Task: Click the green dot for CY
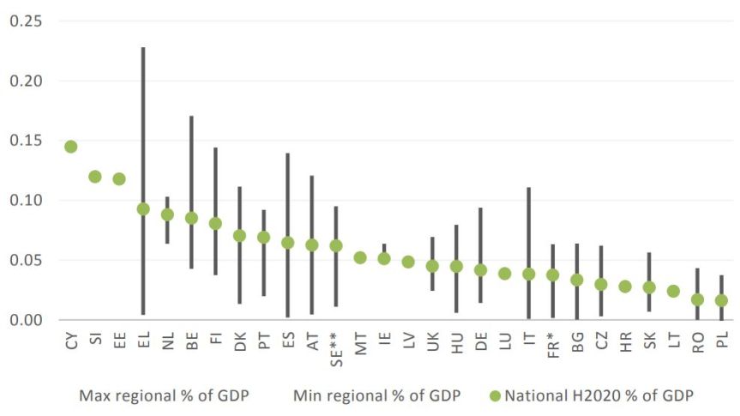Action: tap(70, 147)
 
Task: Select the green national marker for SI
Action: tap(95, 177)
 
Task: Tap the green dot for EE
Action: tap(119, 179)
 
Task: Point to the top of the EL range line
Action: tap(143, 48)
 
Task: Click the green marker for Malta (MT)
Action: tap(360, 257)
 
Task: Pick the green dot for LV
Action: tap(408, 262)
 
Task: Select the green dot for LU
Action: tap(505, 274)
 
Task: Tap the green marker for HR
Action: tap(625, 286)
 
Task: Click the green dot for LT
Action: tap(673, 292)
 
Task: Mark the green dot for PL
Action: tap(721, 300)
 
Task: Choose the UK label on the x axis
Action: tap(433, 341)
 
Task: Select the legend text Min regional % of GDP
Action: tap(376, 395)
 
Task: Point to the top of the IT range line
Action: tap(529, 188)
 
